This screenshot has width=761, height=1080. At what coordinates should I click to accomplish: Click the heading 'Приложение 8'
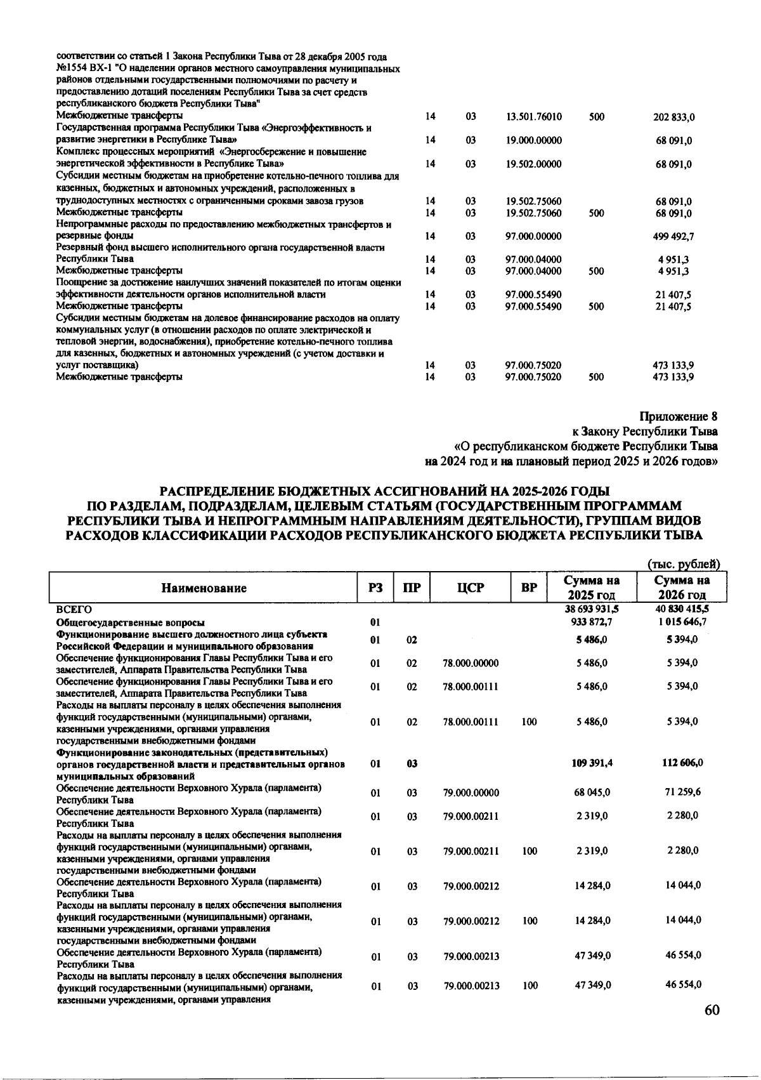tap(679, 417)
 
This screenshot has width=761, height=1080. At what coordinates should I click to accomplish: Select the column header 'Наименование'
tap(204, 588)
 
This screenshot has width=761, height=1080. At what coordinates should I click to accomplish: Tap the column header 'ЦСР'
tap(471, 588)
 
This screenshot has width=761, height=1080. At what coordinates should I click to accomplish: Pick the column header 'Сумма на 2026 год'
tap(682, 588)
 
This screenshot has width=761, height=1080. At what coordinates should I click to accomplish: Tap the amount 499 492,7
tap(673, 237)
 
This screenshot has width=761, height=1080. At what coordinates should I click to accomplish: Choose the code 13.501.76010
tap(534, 117)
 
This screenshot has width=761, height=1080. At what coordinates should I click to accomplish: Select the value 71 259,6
tap(682, 793)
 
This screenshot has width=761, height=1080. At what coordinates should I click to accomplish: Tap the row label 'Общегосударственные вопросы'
tap(130, 622)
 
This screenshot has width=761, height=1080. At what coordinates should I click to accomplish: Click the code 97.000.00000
tap(534, 237)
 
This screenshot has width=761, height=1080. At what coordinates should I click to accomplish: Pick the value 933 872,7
tap(592, 622)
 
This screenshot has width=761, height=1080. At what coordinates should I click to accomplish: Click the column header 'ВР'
tap(530, 588)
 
